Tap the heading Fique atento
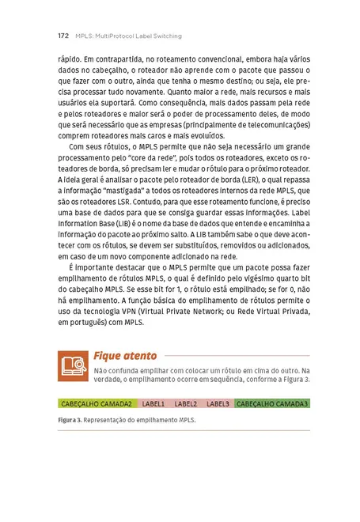click(125, 356)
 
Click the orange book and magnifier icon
click(74, 365)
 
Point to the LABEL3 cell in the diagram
click(218, 403)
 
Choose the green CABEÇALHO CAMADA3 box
click(271, 403)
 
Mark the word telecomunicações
click(269, 124)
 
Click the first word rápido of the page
click(71, 58)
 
